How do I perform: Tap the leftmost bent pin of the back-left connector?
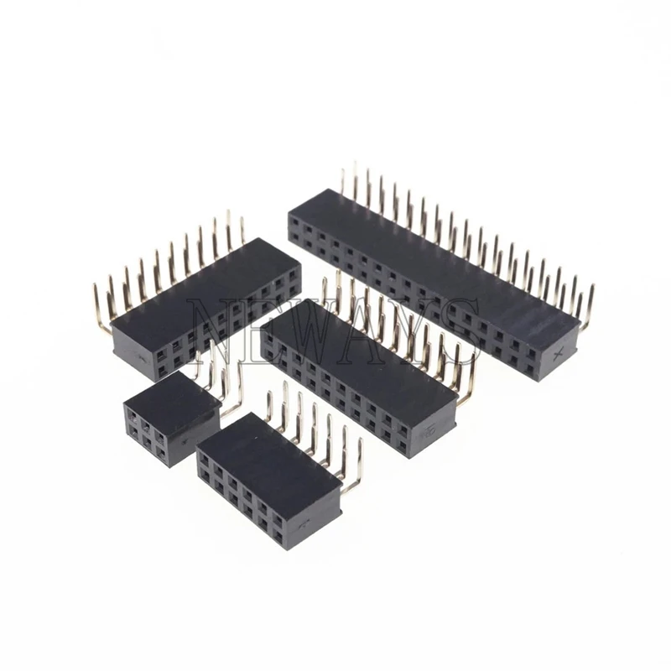(101, 310)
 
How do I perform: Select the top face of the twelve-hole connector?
(268, 457)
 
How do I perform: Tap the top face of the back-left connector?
(201, 285)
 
